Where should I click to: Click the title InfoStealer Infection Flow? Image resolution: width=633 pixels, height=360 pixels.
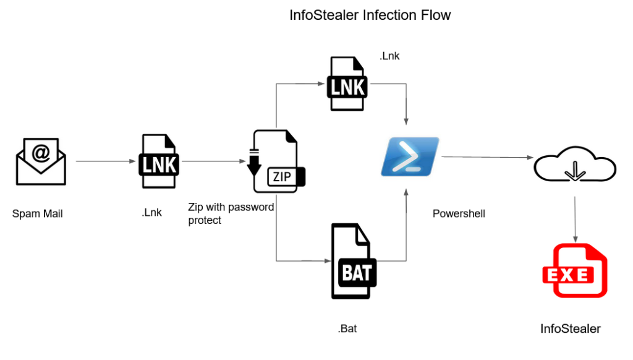[370, 15]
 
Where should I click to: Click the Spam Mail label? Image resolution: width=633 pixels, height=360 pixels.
[38, 214]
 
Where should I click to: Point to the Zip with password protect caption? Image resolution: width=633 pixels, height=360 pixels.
[231, 213]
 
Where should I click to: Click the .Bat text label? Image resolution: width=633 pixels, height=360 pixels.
[347, 328]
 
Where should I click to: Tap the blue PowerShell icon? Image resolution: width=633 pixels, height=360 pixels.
[410, 156]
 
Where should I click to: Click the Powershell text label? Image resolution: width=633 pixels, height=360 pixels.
[459, 214]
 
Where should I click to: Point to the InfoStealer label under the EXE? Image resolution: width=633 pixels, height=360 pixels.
[571, 328]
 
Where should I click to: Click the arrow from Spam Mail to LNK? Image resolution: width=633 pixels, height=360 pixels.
[106, 161]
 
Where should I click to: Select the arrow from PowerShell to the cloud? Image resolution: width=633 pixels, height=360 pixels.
[488, 158]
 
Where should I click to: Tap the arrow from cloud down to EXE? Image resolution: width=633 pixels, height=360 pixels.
[576, 220]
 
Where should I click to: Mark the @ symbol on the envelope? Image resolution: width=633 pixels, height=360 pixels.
[41, 153]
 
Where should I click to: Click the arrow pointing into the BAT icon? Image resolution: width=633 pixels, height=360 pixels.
[303, 261]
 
